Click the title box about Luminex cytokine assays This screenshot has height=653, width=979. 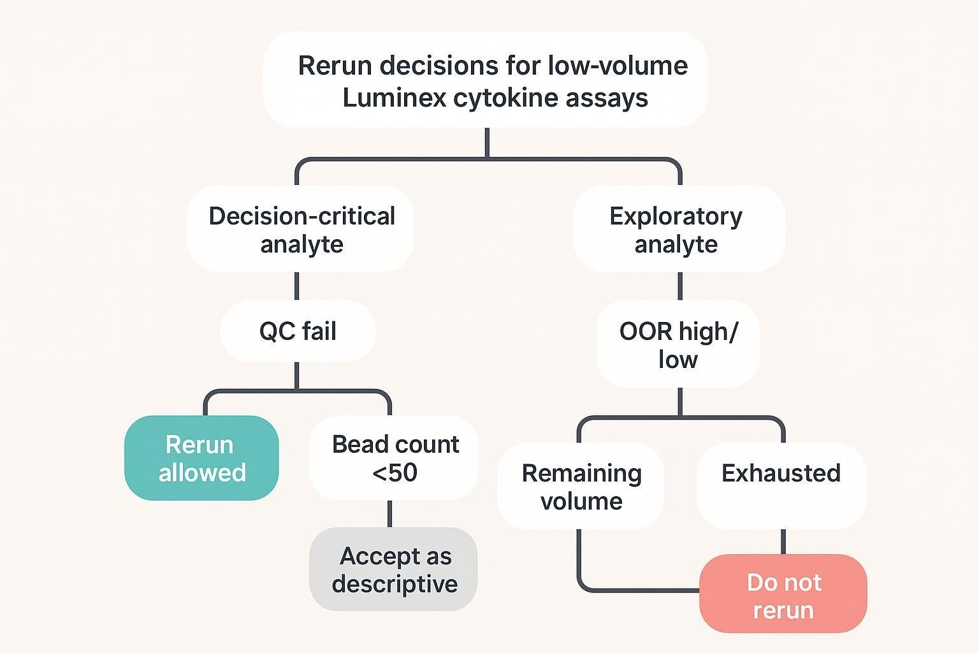tap(485, 80)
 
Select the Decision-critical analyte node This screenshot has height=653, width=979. tap(300, 230)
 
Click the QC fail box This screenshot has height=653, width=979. tap(298, 332)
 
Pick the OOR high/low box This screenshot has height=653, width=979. tap(678, 344)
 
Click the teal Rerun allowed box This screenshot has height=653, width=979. tap(201, 458)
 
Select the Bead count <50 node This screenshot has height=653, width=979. tap(393, 458)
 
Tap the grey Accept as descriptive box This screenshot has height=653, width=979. tap(393, 569)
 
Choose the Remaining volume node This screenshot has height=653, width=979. tap(581, 487)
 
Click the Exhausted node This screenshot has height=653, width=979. tap(781, 485)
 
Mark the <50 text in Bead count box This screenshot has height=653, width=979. tap(395, 473)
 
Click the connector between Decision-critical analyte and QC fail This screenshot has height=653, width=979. tap(297, 286)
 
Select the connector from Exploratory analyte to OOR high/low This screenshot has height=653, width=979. tap(680, 286)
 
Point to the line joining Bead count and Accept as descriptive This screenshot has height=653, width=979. tap(389, 514)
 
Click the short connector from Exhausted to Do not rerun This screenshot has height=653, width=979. tap(783, 542)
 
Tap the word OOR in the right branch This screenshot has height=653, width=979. tap(646, 332)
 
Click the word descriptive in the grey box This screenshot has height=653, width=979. tap(395, 584)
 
